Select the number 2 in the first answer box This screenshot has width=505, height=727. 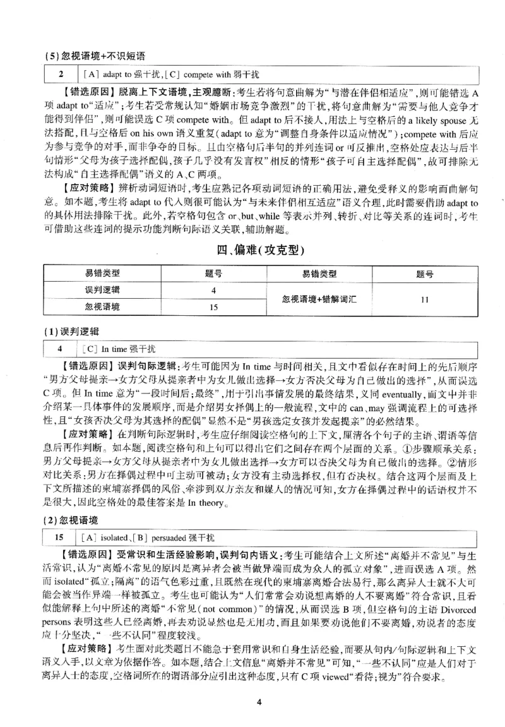coord(61,75)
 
